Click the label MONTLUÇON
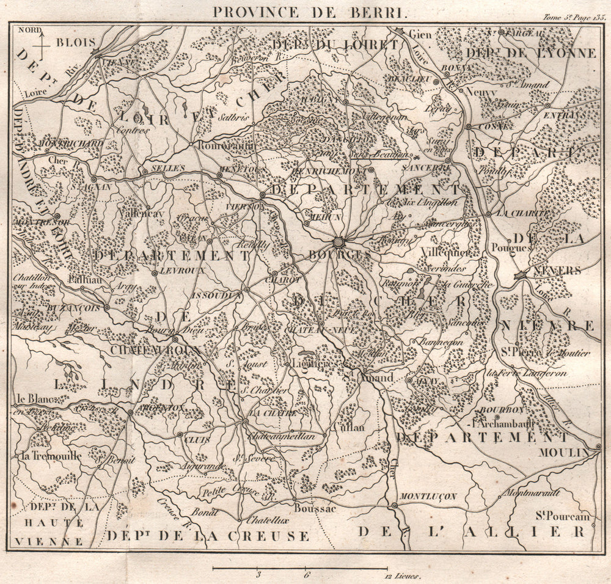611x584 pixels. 428,497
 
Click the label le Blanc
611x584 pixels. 29,400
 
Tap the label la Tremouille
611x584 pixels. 43,456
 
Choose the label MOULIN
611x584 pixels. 564,453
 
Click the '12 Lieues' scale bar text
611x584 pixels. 400,575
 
